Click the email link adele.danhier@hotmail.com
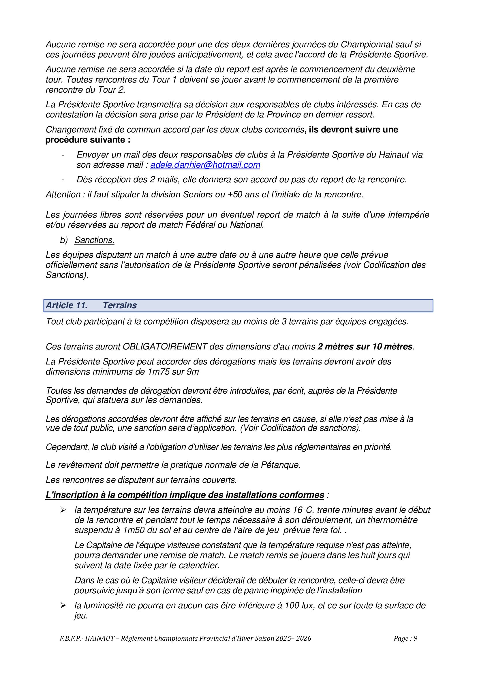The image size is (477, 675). [205, 165]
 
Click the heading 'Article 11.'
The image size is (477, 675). [67, 305]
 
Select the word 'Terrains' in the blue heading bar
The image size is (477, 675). [120, 305]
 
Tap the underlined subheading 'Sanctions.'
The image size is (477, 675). [94, 240]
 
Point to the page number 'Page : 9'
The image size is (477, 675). [405, 638]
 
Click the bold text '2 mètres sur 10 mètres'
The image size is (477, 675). [365, 347]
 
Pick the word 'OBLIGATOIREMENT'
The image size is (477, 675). [165, 347]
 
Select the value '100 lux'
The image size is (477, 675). [300, 605]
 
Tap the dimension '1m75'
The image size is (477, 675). [159, 372]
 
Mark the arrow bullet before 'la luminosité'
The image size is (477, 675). [63, 606]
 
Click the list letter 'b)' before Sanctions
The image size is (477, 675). [64, 240]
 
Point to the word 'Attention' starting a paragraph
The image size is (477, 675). [63, 195]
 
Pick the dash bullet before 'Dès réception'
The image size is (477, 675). [63, 180]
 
